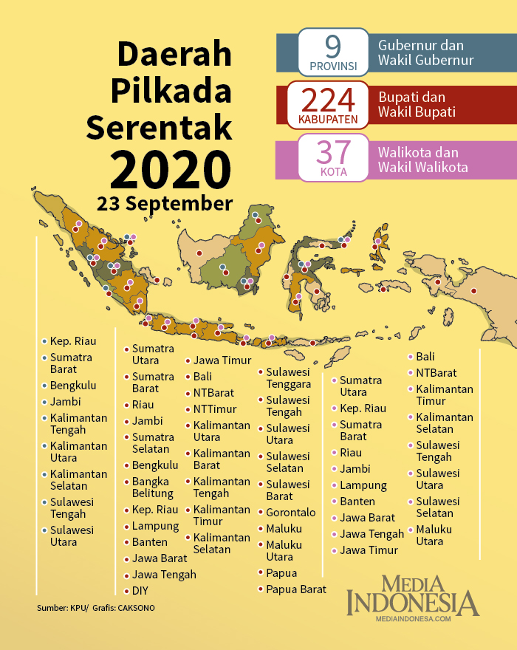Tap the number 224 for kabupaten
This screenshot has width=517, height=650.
tap(329, 100)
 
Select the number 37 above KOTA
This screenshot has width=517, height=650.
tap(333, 152)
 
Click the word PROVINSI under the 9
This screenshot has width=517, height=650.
tap(333, 66)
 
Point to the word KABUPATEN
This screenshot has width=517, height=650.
tap(329, 119)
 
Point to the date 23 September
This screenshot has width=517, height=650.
tap(164, 202)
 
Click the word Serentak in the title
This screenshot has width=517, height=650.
tap(160, 126)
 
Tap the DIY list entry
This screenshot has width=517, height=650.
tap(140, 590)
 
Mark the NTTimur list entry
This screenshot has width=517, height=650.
tap(215, 408)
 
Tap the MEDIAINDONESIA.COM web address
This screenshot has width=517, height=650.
tap(413, 620)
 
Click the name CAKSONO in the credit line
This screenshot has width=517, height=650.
tap(137, 608)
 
